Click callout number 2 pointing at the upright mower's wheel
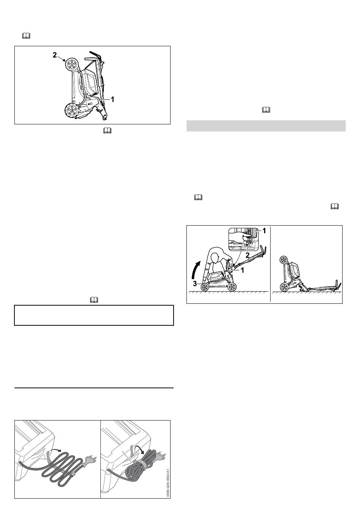pos(55,55)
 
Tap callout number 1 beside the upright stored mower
pos(113,100)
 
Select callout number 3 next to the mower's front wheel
pos(195,284)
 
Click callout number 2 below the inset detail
pos(247,255)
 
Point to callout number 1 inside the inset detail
pos(264,231)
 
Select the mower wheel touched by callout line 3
pos(205,287)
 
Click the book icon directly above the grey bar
pos(266,110)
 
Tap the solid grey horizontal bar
pos(266,126)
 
